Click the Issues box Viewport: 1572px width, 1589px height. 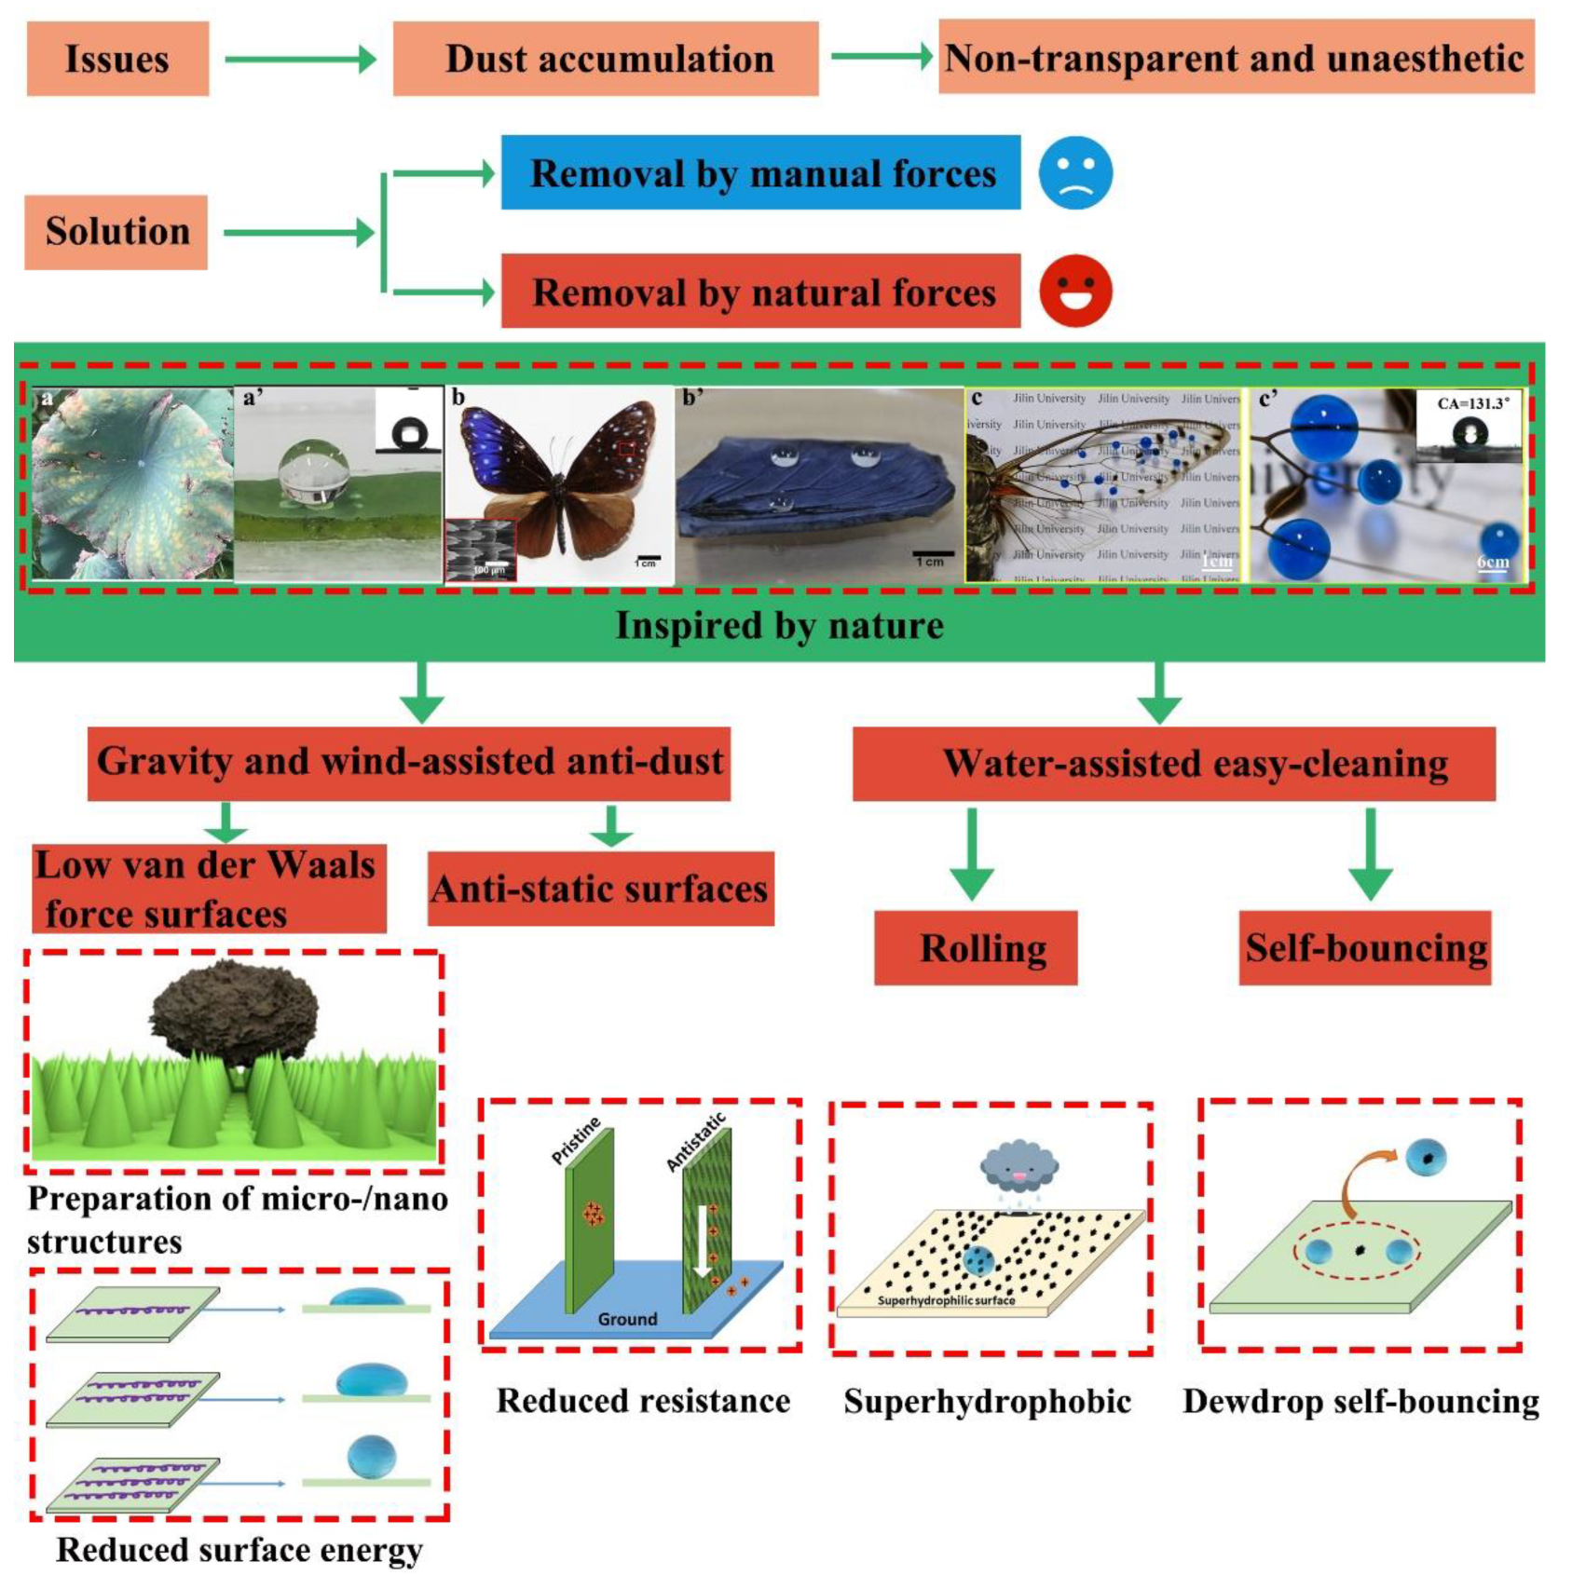point(117,60)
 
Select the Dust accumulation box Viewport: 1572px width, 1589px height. point(606,60)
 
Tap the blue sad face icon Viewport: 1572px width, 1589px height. point(1075,173)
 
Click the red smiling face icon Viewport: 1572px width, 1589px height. point(1075,292)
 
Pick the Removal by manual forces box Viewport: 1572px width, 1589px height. point(760,173)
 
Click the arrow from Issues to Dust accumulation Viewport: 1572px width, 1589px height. point(300,60)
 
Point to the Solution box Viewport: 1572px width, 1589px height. point(116,232)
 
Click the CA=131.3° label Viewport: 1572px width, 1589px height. point(1472,403)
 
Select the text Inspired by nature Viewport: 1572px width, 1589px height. point(779,626)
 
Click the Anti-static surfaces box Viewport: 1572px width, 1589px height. point(600,889)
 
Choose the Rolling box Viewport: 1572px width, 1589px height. point(976,948)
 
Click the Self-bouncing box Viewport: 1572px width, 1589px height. point(1364,948)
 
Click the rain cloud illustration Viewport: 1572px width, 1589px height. point(1018,1167)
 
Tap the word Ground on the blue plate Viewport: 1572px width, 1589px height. point(627,1319)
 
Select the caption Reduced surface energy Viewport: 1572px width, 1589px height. point(239,1550)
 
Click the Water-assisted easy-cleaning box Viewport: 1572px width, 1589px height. point(1174,764)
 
